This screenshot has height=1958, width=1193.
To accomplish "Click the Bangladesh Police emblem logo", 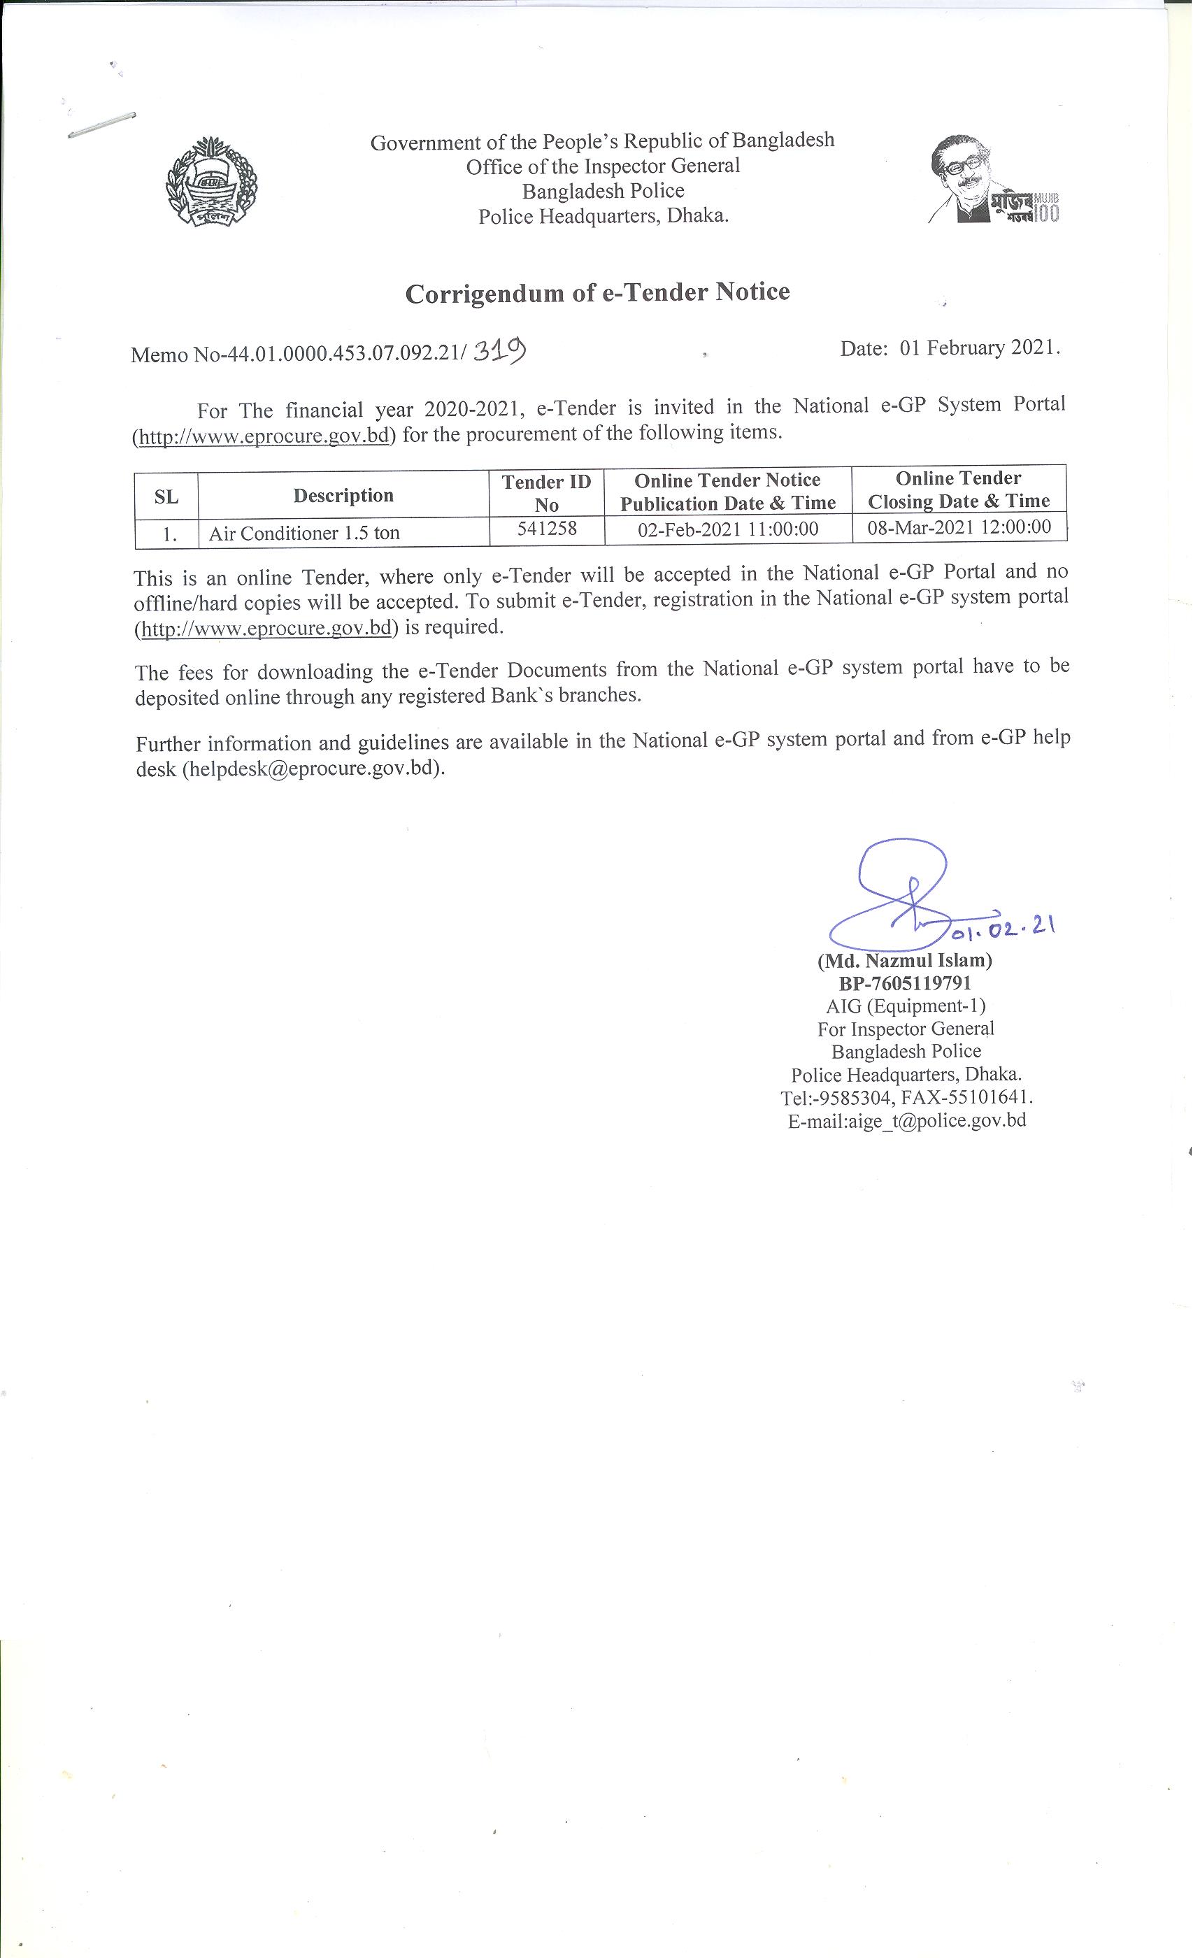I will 210,182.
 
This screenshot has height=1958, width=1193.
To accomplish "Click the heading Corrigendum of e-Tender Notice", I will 597,292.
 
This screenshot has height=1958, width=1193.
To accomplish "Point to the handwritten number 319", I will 499,350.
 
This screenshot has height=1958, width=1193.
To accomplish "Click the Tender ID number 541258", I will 547,528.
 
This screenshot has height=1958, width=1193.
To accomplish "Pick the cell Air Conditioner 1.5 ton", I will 304,532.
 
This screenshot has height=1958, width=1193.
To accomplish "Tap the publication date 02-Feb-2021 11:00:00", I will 727,529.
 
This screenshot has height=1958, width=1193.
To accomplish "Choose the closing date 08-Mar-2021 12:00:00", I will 959,526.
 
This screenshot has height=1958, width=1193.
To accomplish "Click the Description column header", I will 343,495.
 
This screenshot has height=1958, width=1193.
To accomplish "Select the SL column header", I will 166,496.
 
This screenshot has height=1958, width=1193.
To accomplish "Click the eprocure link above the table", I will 264,436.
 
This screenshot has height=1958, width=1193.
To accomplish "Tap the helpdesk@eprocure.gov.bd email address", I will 313,769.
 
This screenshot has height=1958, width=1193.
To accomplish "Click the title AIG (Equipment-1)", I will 906,1006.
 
